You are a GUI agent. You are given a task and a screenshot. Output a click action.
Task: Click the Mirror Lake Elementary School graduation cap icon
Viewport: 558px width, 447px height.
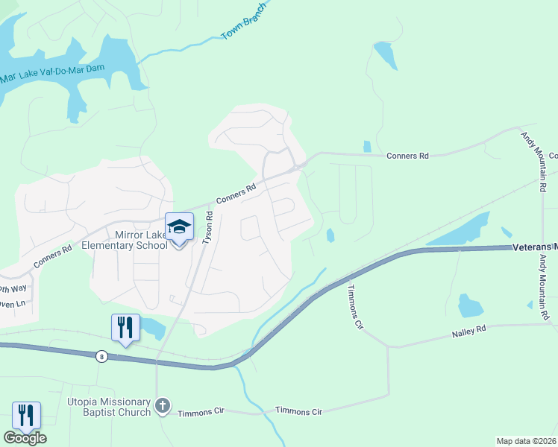(x=179, y=226)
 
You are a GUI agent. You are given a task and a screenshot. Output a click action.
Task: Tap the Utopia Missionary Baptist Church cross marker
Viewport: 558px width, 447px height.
(x=163, y=407)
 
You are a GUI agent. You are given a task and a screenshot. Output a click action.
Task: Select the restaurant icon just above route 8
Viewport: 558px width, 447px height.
(x=125, y=327)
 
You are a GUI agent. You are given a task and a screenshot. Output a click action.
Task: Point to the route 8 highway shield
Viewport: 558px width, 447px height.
(x=101, y=356)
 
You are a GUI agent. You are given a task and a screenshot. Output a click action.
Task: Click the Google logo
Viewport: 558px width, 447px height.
(x=25, y=438)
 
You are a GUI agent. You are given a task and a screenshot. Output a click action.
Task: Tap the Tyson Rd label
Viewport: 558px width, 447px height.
(x=208, y=228)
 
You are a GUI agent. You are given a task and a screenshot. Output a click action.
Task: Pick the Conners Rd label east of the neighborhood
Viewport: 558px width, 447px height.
(x=407, y=156)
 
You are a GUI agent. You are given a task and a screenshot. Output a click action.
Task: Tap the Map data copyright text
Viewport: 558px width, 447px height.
(x=527, y=441)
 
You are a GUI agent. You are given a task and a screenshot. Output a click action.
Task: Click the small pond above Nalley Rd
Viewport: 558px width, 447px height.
(x=470, y=305)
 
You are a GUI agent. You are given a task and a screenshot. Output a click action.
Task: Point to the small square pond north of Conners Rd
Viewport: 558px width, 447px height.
(x=366, y=147)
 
